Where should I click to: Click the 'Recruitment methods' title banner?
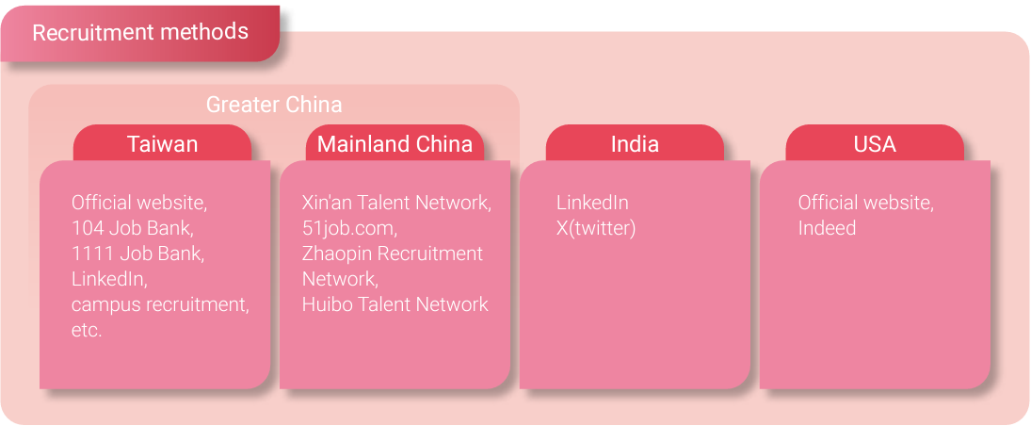pos(140,33)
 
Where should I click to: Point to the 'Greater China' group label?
pos(274,105)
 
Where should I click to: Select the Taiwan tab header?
pos(162,143)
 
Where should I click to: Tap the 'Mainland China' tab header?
pos(395,143)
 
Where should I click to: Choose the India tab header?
pos(635,143)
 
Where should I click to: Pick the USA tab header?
pos(875,143)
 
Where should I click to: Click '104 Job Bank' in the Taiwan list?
pos(132,228)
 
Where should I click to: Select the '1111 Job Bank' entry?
pos(137,254)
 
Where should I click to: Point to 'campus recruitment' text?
pos(158,304)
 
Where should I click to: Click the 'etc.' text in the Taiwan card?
pos(87,331)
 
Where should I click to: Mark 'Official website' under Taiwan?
pos(137,203)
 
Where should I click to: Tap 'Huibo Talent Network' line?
pos(395,304)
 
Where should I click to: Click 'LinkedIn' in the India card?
pos(592,203)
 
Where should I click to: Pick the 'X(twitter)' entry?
pos(596,228)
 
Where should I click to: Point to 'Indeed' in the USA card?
pos(827,228)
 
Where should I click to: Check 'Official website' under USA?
pos(866,203)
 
